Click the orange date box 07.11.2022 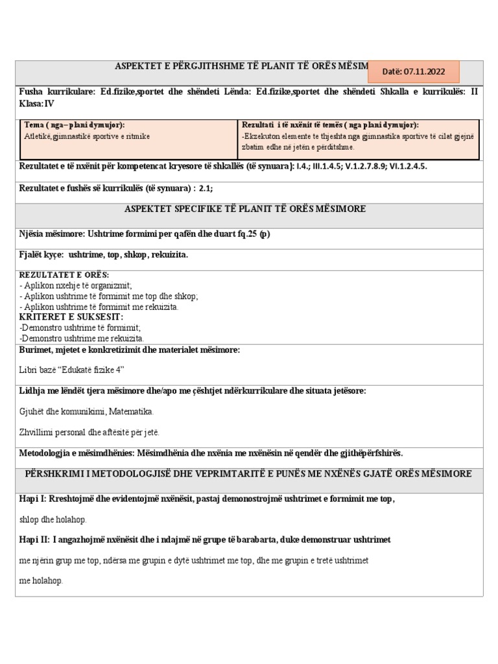[x=414, y=71]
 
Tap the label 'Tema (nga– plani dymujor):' [x=75, y=124]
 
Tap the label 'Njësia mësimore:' [x=53, y=234]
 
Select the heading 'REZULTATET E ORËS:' [x=64, y=275]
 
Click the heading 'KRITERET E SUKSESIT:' [x=71, y=317]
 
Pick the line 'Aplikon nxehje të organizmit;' [x=76, y=285]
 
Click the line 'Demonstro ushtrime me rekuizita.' [x=82, y=338]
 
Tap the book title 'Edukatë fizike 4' [x=86, y=370]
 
